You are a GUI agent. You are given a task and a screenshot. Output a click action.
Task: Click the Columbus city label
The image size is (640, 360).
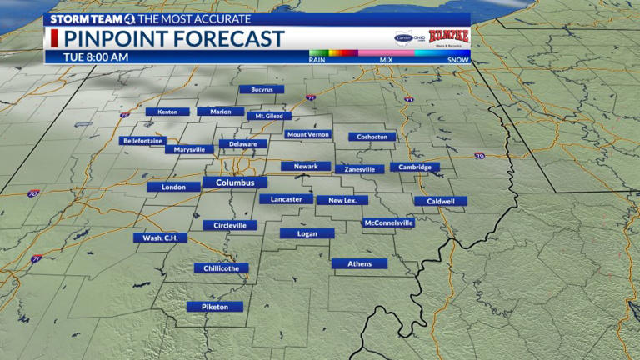pyautogui.click(x=235, y=182)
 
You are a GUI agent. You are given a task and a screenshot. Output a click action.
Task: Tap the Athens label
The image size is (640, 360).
pyautogui.click(x=359, y=263)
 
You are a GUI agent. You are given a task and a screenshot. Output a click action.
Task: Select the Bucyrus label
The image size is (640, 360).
pyautogui.click(x=262, y=89)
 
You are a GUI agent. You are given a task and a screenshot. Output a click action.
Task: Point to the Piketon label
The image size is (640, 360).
pyautogui.click(x=215, y=307)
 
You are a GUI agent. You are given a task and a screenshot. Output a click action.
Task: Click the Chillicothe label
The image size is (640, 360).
pyautogui.click(x=221, y=268)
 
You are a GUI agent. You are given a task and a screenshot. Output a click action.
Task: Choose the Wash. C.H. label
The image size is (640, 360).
pyautogui.click(x=160, y=237)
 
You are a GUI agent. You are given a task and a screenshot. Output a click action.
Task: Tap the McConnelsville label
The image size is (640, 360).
pyautogui.click(x=388, y=222)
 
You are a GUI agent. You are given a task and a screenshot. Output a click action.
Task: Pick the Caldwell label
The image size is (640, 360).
pyautogui.click(x=441, y=201)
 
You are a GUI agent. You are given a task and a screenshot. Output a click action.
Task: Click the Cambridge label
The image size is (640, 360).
pyautogui.click(x=414, y=167)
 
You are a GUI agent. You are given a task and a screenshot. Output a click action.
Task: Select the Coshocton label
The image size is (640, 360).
pyautogui.click(x=372, y=137)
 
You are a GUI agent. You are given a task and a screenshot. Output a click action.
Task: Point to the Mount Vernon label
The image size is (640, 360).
pyautogui.click(x=308, y=134)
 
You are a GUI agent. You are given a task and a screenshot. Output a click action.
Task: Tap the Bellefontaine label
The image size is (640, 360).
pyautogui.click(x=142, y=141)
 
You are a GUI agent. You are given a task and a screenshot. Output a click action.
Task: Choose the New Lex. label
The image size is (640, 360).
pyautogui.click(x=342, y=200)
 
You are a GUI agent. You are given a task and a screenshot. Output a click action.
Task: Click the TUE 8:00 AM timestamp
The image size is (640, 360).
pyautogui.click(x=96, y=57)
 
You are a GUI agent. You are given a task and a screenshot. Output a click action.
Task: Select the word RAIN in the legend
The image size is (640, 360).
pyautogui.click(x=317, y=60)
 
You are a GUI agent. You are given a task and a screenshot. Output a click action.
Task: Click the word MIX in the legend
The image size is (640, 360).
pyautogui.click(x=387, y=60)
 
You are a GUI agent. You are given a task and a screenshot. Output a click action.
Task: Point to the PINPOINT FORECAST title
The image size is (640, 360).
pyautogui.click(x=173, y=38)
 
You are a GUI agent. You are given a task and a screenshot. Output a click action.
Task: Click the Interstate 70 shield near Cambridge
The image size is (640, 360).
pyautogui.click(x=479, y=156)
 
